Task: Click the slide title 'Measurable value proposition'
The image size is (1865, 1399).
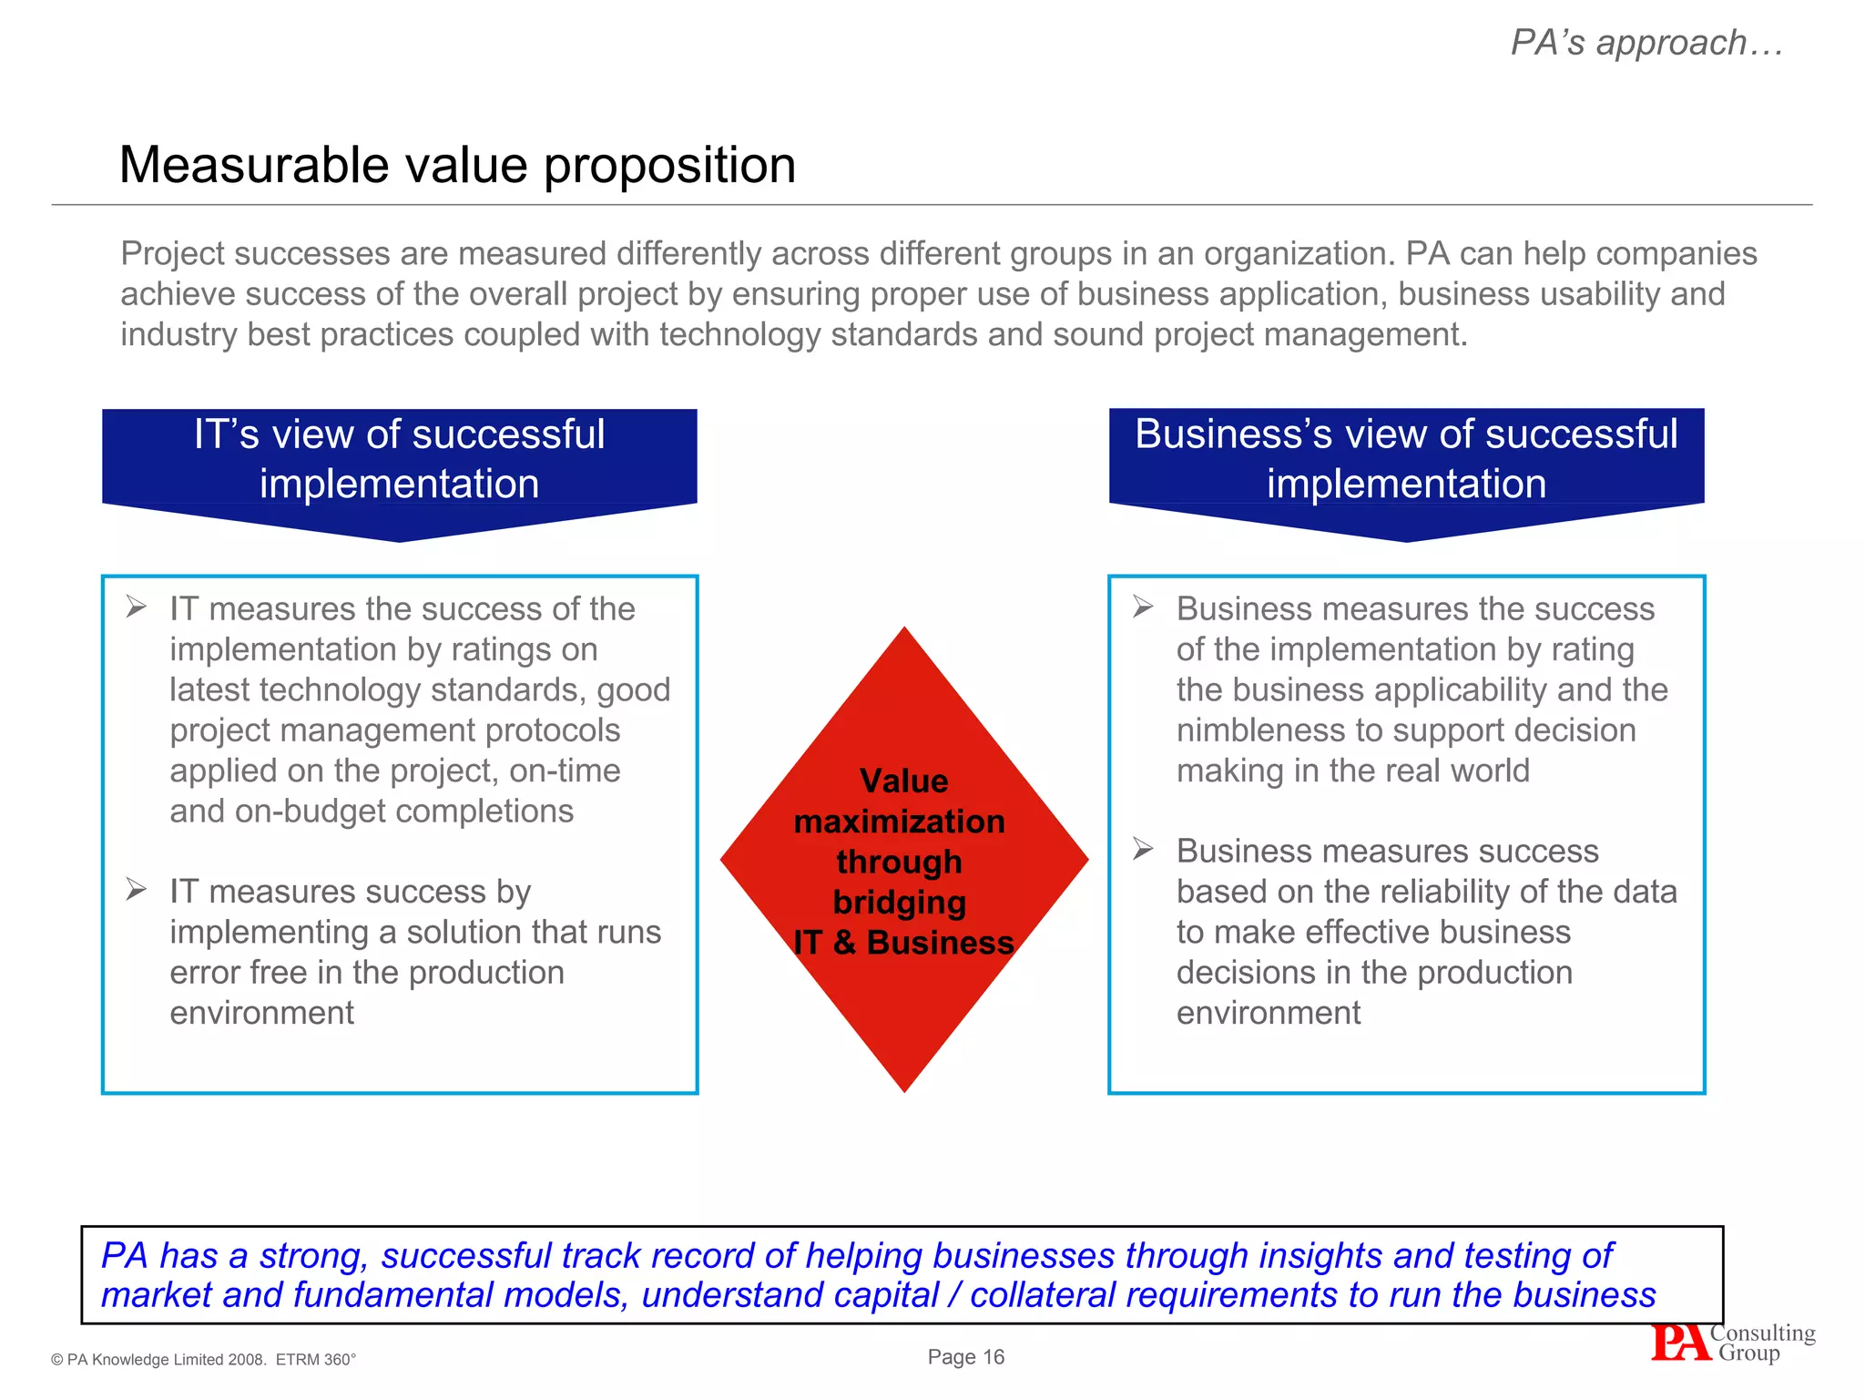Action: click(x=457, y=166)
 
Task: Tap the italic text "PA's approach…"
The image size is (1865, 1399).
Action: click(x=1646, y=43)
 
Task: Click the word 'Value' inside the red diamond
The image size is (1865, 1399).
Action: click(x=903, y=781)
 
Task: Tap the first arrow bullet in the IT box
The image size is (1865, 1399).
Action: click(x=137, y=607)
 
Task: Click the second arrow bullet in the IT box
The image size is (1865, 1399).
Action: click(x=137, y=889)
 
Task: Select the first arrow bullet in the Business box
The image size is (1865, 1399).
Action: click(x=1143, y=607)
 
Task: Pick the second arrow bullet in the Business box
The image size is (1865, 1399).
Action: click(x=1143, y=849)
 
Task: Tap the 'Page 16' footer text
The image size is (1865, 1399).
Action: click(x=965, y=1357)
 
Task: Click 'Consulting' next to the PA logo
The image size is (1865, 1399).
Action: click(x=1762, y=1333)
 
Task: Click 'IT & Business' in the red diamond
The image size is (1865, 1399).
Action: click(x=903, y=943)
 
